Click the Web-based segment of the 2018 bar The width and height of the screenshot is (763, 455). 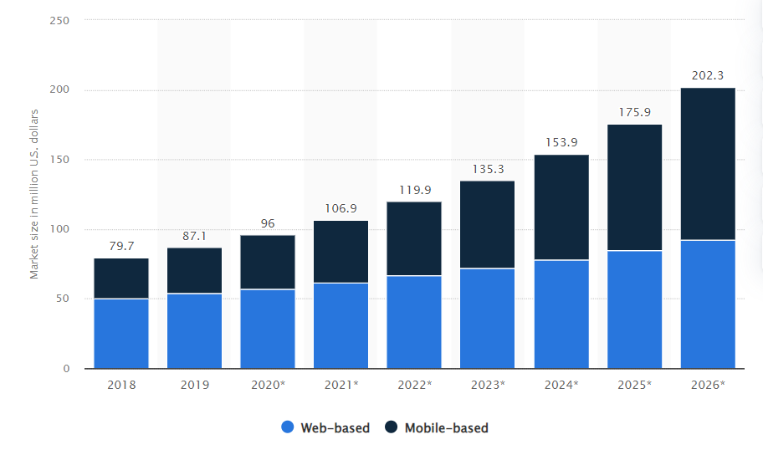click(121, 333)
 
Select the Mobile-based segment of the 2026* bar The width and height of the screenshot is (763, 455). click(708, 164)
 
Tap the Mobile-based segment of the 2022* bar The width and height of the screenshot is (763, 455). click(414, 238)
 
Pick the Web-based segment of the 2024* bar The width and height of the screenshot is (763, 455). click(561, 314)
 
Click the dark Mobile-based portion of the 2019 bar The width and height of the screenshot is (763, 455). click(194, 270)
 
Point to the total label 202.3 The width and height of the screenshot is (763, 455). click(708, 75)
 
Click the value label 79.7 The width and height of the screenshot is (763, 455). click(121, 246)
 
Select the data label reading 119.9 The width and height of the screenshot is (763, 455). click(414, 189)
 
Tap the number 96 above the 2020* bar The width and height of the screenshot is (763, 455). click(268, 223)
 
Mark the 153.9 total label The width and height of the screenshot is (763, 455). click(561, 142)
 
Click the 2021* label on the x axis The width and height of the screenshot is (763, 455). click(341, 386)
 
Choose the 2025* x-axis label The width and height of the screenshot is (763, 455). click(634, 386)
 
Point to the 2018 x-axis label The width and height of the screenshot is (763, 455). click(121, 386)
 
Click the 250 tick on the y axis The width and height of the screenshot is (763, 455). click(59, 20)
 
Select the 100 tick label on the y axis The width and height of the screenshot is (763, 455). click(59, 229)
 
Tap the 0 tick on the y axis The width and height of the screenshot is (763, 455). click(65, 369)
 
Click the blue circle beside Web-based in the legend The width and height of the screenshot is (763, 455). click(287, 427)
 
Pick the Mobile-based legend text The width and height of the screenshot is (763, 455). click(446, 427)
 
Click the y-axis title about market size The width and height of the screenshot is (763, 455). click(34, 194)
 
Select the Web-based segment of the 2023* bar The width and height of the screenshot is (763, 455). click(488, 318)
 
